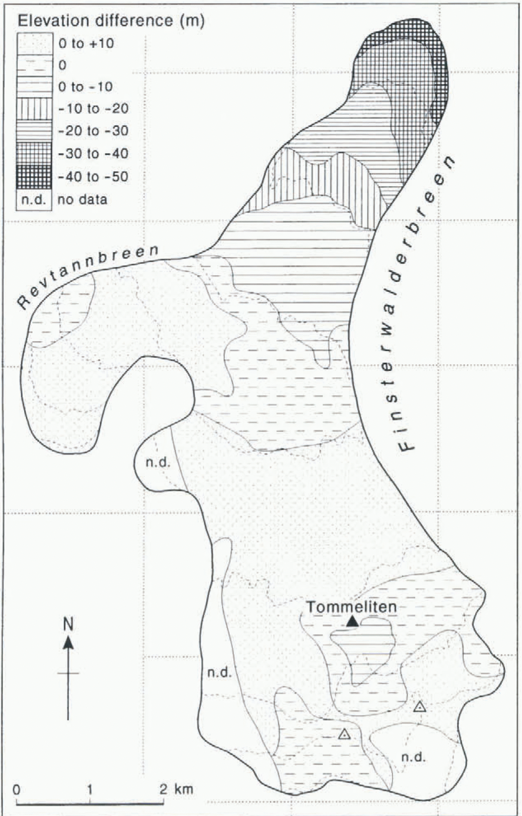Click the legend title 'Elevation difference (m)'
111,21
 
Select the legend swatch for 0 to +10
34,44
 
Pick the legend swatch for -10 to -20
34,109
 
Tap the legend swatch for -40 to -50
34,177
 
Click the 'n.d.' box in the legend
34,199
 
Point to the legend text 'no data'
82,200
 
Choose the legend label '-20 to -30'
93,131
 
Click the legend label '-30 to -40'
93,153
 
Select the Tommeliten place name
351,607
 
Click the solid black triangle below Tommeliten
352,622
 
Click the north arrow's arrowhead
68,642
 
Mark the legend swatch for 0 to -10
34,87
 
